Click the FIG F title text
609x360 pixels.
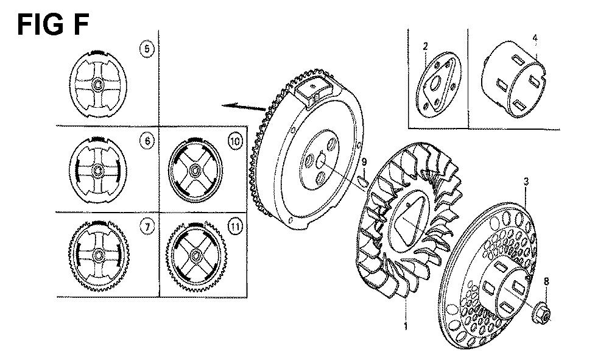click(x=53, y=24)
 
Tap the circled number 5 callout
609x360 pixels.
click(x=146, y=49)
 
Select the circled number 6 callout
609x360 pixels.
click(x=147, y=141)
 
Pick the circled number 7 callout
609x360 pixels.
click(x=147, y=227)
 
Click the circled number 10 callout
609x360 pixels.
click(x=235, y=141)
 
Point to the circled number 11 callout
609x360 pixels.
click(x=235, y=227)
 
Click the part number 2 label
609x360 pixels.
click(x=425, y=47)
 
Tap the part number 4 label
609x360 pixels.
click(x=535, y=38)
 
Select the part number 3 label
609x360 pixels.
click(x=526, y=182)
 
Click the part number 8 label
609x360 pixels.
click(x=546, y=281)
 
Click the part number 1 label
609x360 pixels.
click(x=406, y=326)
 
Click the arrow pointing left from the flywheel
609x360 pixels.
click(x=244, y=106)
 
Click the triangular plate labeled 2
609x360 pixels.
click(x=438, y=85)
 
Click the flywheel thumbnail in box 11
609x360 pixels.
click(x=196, y=256)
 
